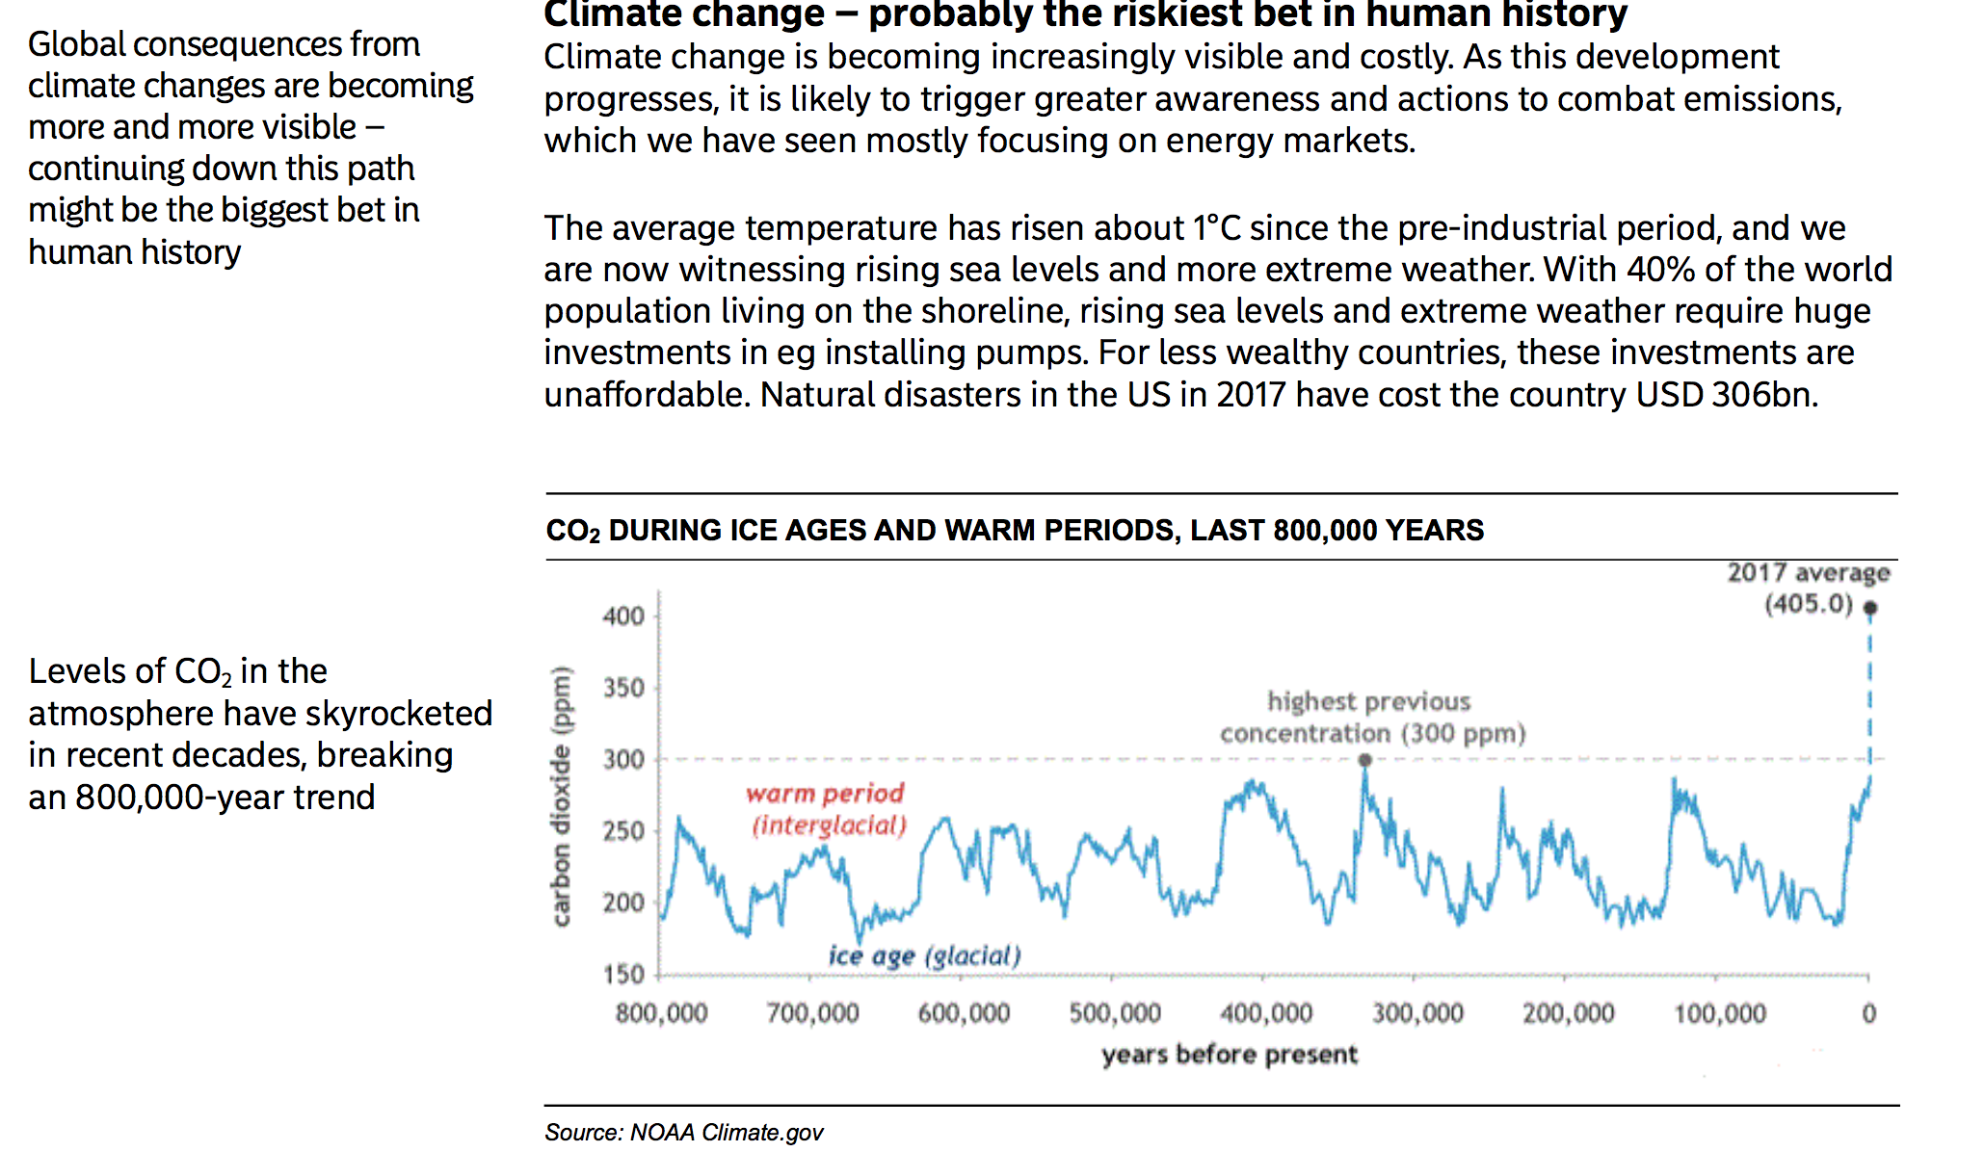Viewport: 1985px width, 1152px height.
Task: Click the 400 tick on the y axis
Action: click(623, 616)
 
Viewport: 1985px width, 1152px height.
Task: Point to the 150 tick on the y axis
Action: click(623, 974)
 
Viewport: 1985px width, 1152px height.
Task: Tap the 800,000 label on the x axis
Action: click(661, 1013)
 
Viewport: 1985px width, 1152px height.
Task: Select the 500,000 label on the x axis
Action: click(1115, 1013)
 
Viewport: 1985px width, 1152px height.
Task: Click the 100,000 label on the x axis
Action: click(1720, 1013)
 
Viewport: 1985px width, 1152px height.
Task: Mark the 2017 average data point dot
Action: click(1870, 608)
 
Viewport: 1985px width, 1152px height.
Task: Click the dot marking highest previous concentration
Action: click(1364, 760)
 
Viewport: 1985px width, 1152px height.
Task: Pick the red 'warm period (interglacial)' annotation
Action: click(827, 809)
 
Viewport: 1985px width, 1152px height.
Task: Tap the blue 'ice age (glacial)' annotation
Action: click(924, 956)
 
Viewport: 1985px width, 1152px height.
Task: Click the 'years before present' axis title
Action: click(1230, 1055)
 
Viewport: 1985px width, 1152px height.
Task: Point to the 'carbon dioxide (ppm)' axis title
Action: click(561, 796)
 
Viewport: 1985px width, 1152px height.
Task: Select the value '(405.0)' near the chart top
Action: click(1809, 604)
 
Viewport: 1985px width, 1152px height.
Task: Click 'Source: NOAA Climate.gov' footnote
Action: click(683, 1133)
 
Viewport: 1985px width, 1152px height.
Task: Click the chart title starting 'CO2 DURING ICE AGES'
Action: click(1014, 531)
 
